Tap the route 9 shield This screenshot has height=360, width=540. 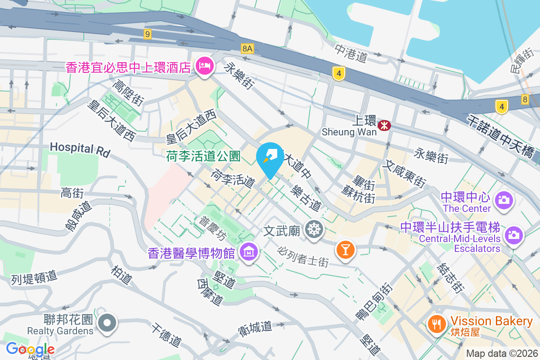(147, 34)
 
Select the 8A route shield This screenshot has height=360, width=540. (247, 48)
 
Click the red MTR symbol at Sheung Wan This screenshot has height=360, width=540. (384, 126)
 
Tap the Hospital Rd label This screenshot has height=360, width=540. (80, 149)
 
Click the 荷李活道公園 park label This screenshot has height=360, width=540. (203, 156)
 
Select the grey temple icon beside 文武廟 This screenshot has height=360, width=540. (314, 229)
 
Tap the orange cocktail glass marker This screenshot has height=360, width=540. (346, 249)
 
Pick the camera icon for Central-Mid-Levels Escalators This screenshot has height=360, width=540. (513, 235)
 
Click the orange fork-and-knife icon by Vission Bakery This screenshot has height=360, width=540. (436, 324)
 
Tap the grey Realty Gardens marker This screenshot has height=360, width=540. (108, 323)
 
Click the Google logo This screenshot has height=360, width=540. (30, 349)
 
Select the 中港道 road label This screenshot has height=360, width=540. (351, 52)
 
